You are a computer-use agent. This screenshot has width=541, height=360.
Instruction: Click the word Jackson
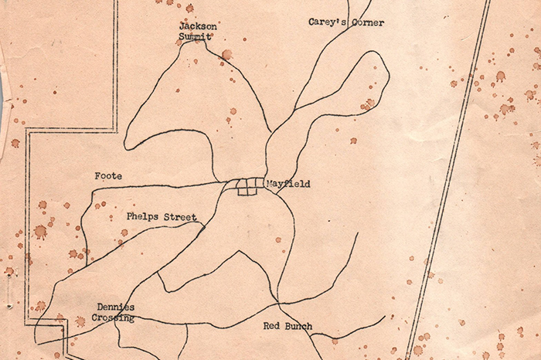(199, 25)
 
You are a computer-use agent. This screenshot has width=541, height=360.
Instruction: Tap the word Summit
(196, 36)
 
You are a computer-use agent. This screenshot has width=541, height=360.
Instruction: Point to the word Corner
(367, 22)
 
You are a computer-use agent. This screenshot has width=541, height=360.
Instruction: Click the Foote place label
(108, 176)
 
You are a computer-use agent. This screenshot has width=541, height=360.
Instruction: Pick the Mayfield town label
(288, 184)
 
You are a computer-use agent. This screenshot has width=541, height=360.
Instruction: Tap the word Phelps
(143, 217)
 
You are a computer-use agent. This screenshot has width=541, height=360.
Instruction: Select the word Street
(181, 217)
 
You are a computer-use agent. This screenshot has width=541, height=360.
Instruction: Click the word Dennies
(116, 307)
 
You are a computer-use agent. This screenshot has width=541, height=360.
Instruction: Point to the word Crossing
(113, 318)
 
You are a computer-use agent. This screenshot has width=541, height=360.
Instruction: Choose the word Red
(272, 326)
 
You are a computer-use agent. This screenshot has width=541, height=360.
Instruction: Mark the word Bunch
(298, 326)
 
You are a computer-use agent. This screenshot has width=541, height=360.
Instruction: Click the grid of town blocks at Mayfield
(246, 187)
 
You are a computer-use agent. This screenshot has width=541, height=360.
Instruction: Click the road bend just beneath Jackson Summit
(203, 44)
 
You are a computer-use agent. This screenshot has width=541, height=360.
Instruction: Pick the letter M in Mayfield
(269, 184)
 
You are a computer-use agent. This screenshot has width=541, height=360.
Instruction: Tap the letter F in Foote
(97, 176)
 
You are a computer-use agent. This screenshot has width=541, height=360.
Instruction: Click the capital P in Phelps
(130, 217)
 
